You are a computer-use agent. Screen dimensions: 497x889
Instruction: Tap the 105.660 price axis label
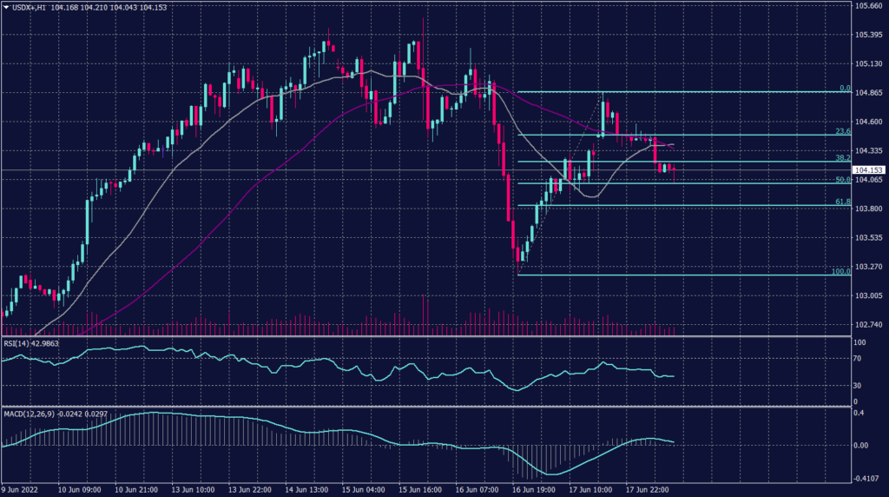point(870,6)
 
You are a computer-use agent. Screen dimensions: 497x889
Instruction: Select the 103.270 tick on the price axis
point(870,267)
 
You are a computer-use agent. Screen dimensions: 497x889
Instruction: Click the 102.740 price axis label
point(870,324)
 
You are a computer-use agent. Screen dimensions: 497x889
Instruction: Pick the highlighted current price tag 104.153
point(869,169)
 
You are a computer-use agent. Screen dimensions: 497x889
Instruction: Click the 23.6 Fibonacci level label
point(841,131)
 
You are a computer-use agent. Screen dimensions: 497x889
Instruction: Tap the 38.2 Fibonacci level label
point(841,158)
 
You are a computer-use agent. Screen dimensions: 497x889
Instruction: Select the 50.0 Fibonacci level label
point(841,180)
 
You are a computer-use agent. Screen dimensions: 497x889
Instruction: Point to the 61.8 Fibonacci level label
point(841,202)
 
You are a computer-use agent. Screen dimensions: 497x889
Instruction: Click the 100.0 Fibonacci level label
point(840,271)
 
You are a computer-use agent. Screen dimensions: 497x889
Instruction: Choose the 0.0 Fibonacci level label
point(844,88)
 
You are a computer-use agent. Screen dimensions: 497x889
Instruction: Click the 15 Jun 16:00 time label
point(420,489)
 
